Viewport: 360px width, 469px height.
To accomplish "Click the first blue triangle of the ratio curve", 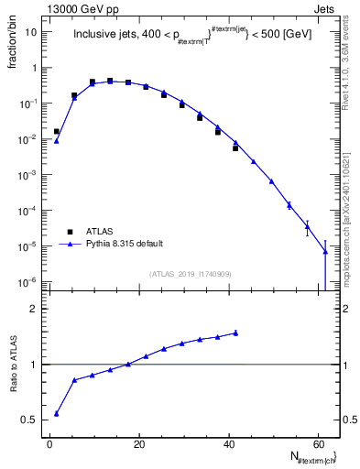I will coord(56,413).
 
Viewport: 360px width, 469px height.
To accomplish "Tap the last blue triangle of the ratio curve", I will coord(235,333).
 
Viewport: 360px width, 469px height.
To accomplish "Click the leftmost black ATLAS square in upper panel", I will coord(56,131).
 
